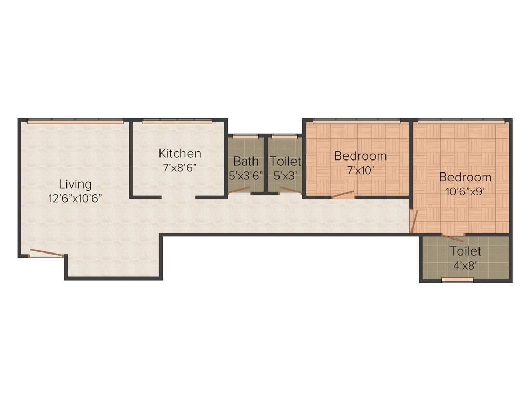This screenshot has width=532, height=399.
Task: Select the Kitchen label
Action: [x=180, y=153]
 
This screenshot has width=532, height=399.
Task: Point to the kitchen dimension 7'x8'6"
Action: [x=180, y=167]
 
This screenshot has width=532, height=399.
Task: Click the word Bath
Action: [x=246, y=161]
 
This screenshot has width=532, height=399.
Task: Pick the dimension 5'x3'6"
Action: [x=246, y=175]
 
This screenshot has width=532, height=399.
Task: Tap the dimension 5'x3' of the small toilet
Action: [x=285, y=175]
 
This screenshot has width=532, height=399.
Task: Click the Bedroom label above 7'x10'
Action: [x=360, y=156]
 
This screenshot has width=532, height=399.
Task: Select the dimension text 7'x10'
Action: [x=360, y=170]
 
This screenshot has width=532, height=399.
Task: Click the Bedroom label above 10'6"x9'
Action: [x=465, y=177]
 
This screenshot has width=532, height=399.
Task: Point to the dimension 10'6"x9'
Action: [x=465, y=191]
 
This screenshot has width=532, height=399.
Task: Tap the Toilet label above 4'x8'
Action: [x=465, y=251]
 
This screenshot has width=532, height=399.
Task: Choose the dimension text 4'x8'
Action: [x=465, y=265]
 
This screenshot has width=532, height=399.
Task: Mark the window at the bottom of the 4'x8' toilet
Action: [x=457, y=280]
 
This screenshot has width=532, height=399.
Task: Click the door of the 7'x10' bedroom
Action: [x=343, y=195]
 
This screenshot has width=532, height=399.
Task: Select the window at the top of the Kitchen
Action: [x=177, y=122]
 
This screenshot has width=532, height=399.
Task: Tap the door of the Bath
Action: [x=240, y=190]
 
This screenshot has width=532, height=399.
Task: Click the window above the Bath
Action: [x=245, y=137]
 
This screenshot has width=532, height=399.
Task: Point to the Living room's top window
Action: [x=75, y=121]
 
